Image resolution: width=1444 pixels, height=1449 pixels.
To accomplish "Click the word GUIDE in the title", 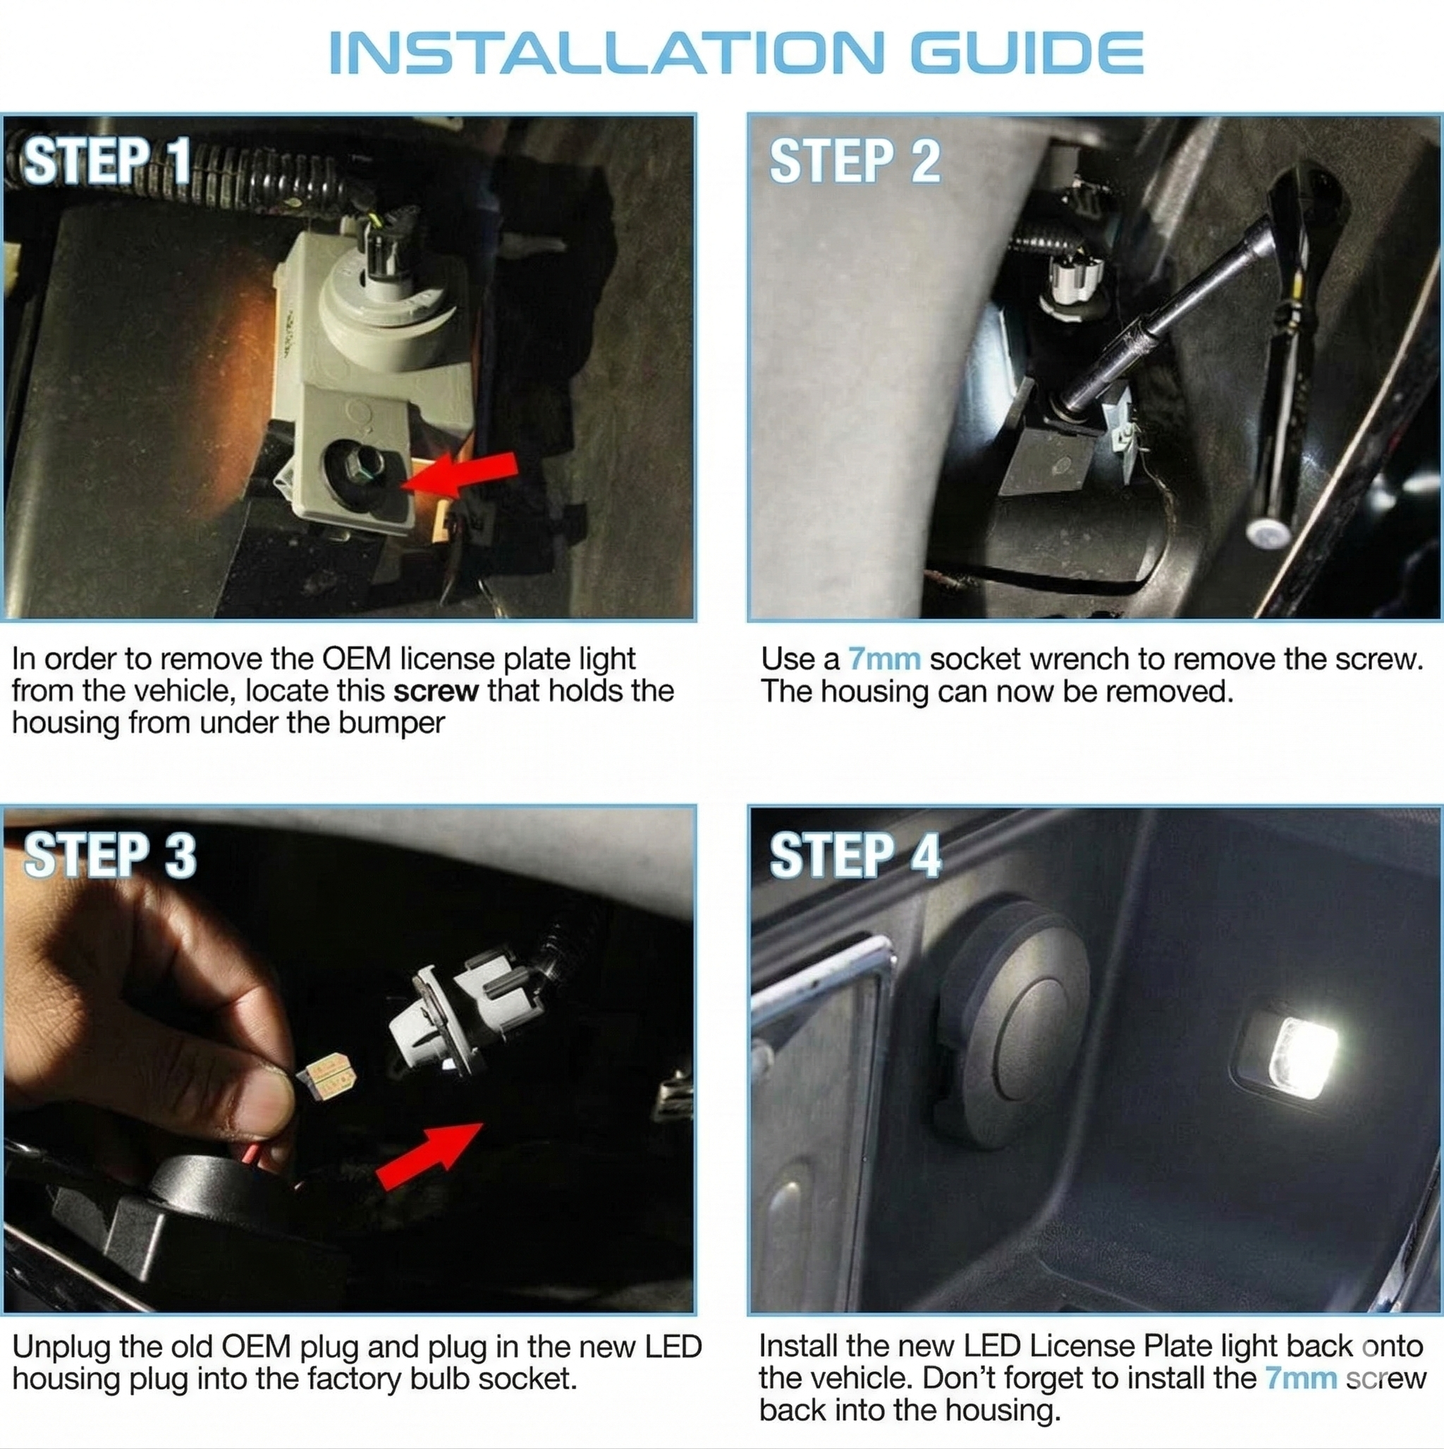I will click(x=1027, y=53).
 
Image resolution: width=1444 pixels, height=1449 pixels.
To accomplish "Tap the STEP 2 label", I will click(x=854, y=161).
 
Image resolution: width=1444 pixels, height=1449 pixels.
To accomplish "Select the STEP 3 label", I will click(x=109, y=855).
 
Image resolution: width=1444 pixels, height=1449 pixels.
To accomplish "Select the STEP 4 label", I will click(x=855, y=855).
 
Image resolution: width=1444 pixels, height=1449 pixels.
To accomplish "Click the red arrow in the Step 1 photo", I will click(x=465, y=475).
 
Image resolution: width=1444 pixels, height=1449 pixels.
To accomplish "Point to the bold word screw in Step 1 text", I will click(x=436, y=691).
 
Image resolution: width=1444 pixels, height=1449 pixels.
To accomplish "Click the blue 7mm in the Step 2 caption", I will click(x=884, y=660).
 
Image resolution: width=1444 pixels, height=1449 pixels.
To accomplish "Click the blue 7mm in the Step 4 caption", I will click(x=1301, y=1378).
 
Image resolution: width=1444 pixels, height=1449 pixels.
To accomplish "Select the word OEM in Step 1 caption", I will click(x=357, y=660).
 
